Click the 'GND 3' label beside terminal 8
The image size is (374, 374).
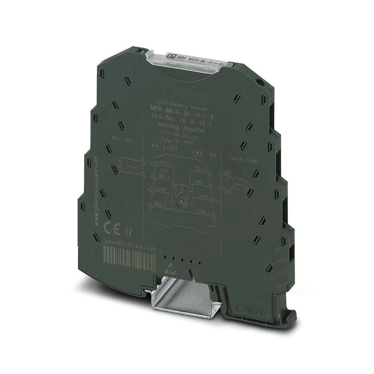point(160,204)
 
